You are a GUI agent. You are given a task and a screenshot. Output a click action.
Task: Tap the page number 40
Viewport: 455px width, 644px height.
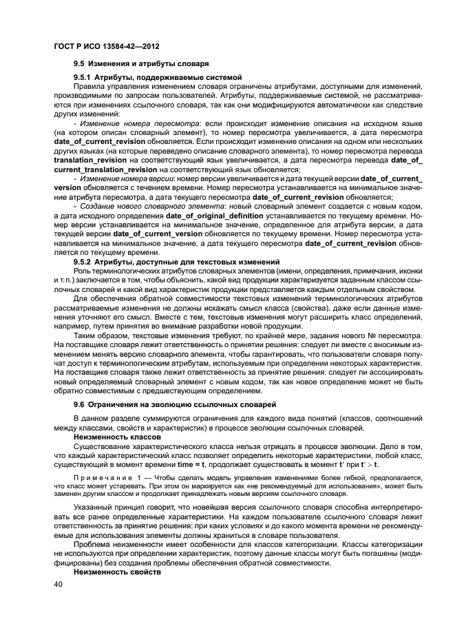tap(59, 585)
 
